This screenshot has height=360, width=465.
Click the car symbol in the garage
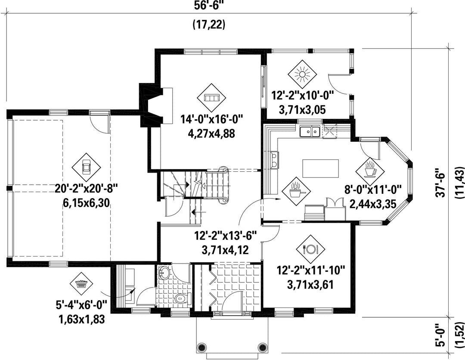point(87,167)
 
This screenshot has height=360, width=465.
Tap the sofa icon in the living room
point(211,98)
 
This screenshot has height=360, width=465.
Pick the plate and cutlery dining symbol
point(310,249)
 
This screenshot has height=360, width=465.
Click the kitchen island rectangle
point(321,168)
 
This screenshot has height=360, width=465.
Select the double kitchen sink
point(310,132)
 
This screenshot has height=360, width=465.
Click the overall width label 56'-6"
point(209,5)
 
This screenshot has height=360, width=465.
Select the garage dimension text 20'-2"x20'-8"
point(86,188)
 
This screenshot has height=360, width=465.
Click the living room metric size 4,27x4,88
point(211,133)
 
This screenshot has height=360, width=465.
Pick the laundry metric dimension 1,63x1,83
point(82,320)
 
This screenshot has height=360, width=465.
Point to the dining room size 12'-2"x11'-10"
point(311,270)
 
